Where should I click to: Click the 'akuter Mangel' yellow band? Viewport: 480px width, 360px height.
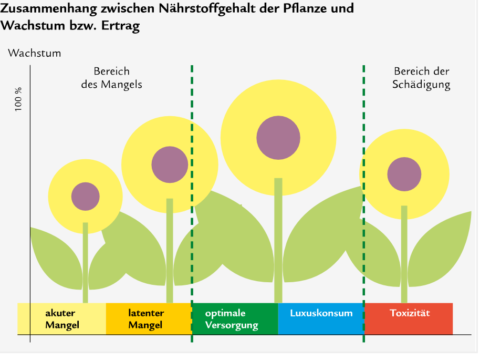(62, 318)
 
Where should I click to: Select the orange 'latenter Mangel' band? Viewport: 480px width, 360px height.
(149, 318)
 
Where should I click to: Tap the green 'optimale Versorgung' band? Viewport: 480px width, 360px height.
(235, 318)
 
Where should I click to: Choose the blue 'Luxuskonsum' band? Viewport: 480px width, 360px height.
(321, 318)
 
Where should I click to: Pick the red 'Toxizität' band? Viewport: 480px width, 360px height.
(409, 318)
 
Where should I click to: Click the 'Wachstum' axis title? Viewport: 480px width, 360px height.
(35, 53)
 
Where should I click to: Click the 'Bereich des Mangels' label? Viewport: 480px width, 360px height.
(111, 78)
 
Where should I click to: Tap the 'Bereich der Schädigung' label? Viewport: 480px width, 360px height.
(421, 78)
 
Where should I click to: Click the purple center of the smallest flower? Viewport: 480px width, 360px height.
(86, 196)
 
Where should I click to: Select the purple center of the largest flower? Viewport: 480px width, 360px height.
(278, 138)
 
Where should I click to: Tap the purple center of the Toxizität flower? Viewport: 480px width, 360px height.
(404, 174)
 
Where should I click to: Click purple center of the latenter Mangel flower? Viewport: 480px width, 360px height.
(170, 164)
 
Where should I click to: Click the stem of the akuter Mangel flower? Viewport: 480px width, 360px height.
(86, 263)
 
